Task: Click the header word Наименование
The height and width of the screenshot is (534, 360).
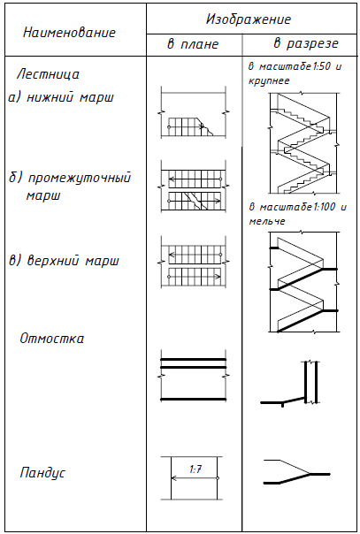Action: [x=70, y=33]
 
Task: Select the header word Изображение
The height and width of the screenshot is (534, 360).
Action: [x=249, y=19]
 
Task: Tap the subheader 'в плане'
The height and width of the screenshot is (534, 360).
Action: [x=193, y=44]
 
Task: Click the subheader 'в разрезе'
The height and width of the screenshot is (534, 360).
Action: [x=306, y=44]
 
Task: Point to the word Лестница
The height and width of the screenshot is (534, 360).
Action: [x=48, y=74]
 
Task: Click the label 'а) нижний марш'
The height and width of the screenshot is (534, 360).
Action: [x=61, y=98]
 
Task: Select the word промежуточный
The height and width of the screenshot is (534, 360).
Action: [x=79, y=179]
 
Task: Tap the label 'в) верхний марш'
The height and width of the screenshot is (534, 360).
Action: [x=64, y=261]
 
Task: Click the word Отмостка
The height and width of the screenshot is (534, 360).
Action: [x=52, y=339]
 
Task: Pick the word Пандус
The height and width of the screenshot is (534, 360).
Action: [x=42, y=473]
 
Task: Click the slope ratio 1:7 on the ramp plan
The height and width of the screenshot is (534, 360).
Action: [x=195, y=469]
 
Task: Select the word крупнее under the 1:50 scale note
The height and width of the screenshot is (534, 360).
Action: [x=269, y=81]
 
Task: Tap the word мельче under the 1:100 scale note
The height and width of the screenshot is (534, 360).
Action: [x=267, y=221]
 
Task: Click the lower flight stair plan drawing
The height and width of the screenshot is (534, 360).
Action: [x=194, y=112]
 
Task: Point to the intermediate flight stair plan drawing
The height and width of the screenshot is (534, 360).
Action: [x=194, y=187]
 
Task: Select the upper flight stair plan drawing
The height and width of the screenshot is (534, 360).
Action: [x=194, y=263]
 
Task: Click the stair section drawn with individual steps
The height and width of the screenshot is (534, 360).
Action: [x=303, y=142]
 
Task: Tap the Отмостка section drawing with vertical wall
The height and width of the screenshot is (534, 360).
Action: [x=290, y=383]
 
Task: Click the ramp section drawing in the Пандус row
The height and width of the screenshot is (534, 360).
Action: [x=296, y=472]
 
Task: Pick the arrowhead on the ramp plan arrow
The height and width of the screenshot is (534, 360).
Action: [x=173, y=478]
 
